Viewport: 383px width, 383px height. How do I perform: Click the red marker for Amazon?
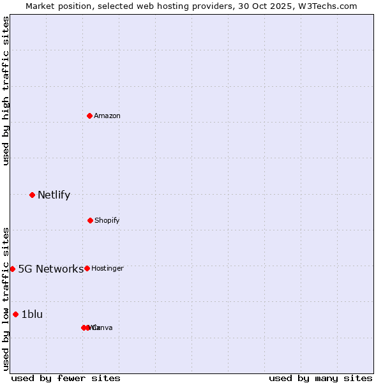[89, 116]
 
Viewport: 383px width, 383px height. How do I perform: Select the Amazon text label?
[107, 116]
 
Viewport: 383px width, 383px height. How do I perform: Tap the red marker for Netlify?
[32, 195]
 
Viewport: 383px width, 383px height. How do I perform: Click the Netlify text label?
[54, 195]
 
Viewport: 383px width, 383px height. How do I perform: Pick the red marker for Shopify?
[90, 220]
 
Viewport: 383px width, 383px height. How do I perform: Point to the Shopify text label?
[107, 221]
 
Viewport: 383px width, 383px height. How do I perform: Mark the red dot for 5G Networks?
[12, 269]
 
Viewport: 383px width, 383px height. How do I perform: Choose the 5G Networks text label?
[50, 269]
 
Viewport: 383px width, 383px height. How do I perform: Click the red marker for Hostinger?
[87, 268]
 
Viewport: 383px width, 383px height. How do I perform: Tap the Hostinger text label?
[107, 269]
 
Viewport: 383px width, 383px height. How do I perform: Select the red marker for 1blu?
[15, 314]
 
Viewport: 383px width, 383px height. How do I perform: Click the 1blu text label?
[32, 314]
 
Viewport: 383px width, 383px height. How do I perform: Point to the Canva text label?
[102, 328]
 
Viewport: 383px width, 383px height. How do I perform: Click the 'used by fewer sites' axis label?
[66, 378]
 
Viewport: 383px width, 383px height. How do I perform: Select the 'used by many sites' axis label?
[320, 378]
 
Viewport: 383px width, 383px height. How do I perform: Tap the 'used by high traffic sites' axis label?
[6, 91]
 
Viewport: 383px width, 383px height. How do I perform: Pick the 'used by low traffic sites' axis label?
[6, 299]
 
